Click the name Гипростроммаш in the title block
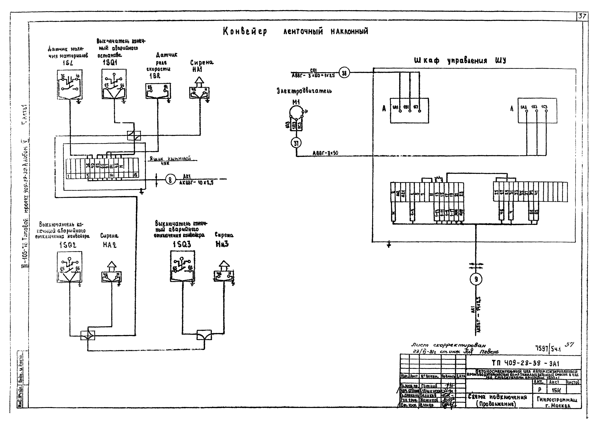pyautogui.click(x=557, y=399)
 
